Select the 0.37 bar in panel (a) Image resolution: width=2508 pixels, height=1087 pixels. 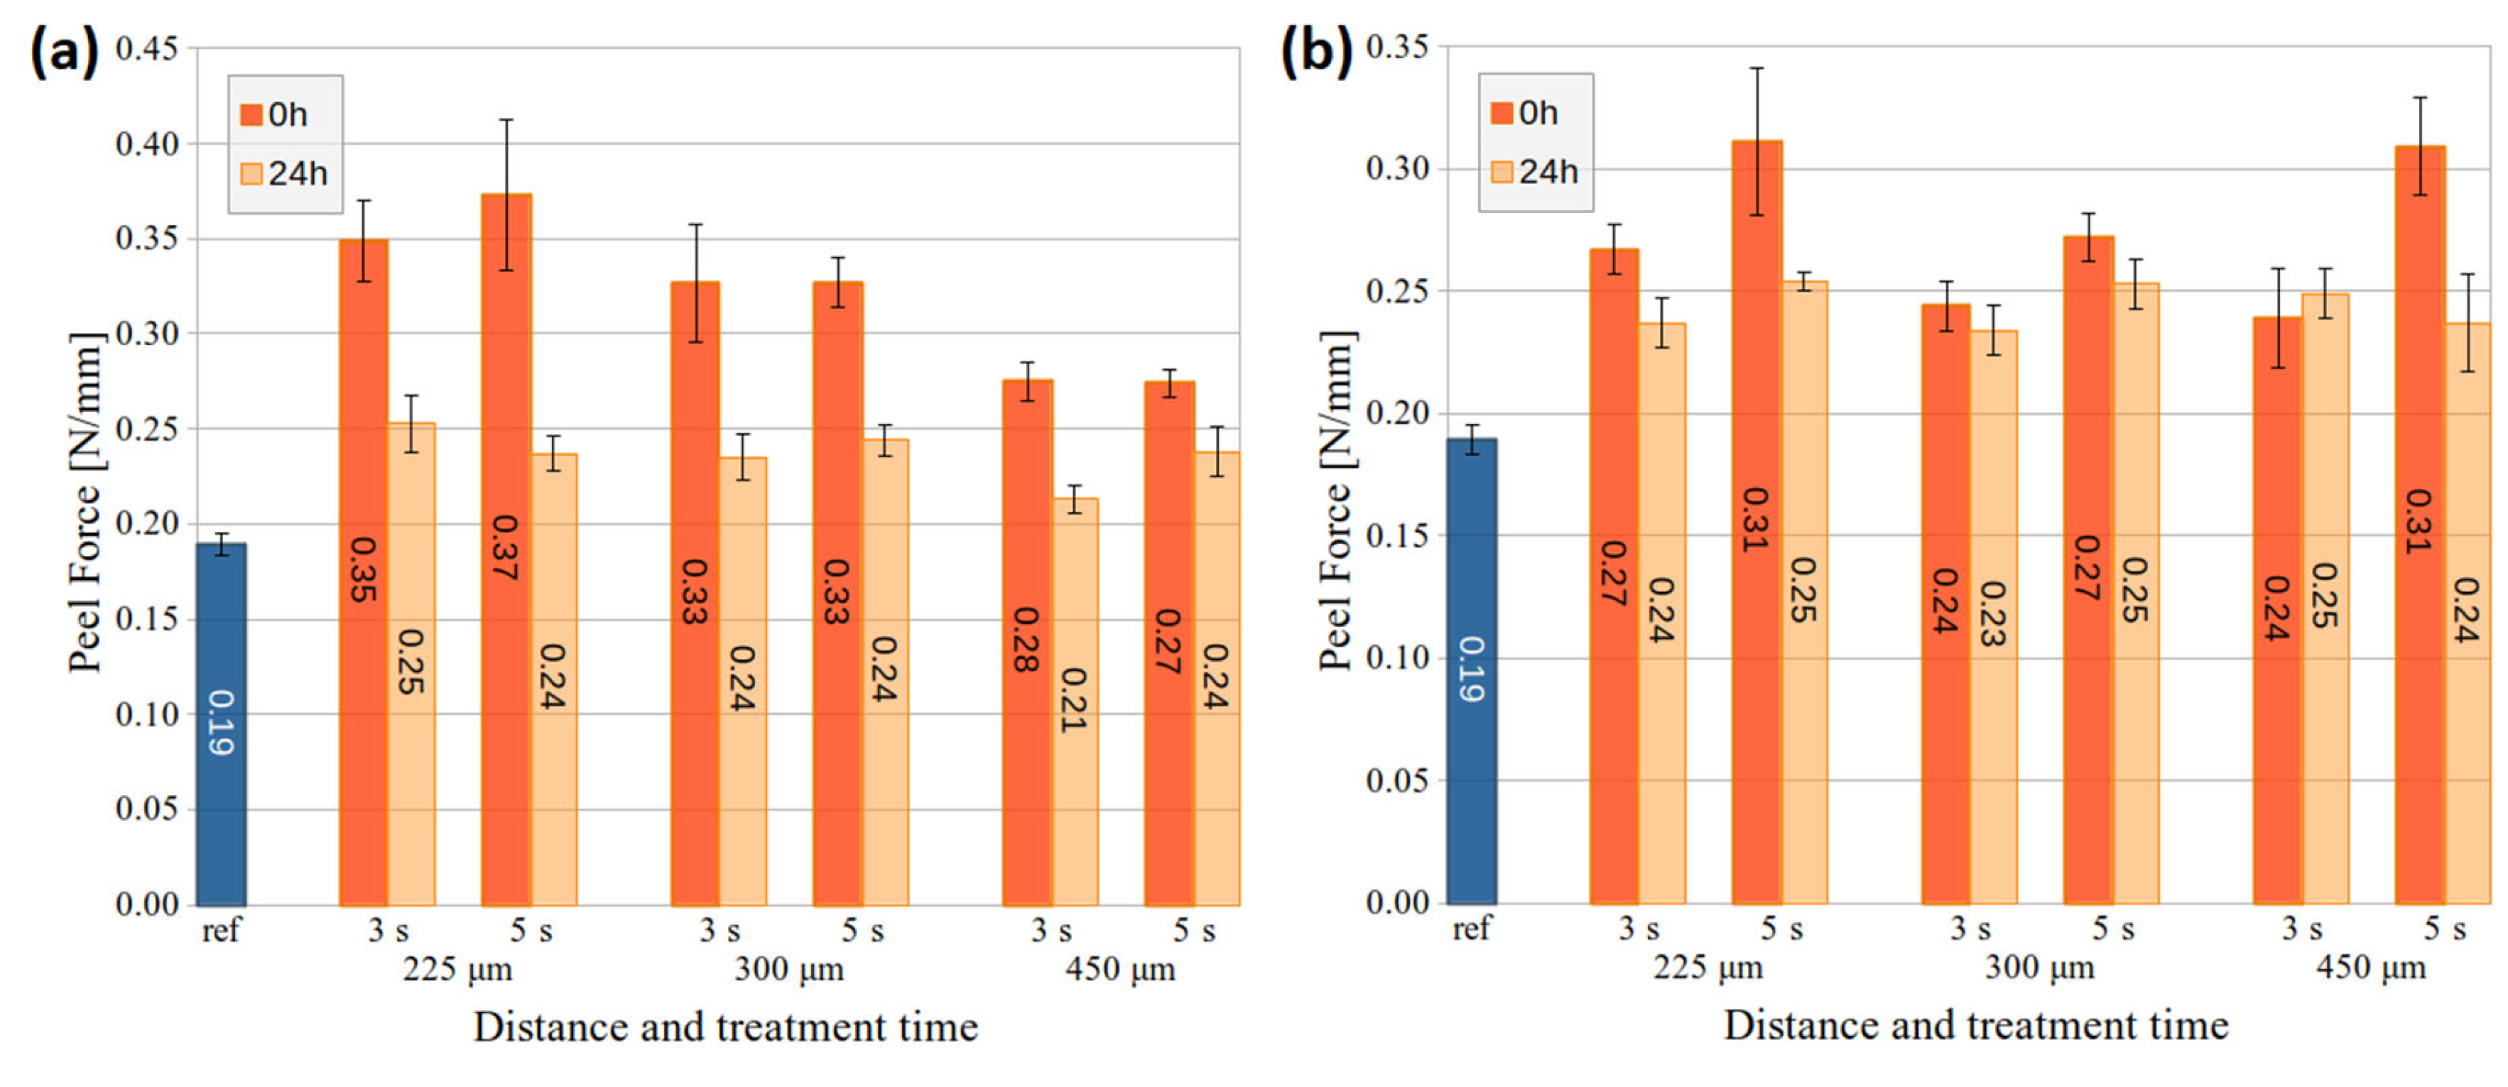point(506,550)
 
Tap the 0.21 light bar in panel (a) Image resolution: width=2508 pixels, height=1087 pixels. point(1075,701)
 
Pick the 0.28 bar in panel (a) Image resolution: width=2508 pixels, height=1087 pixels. point(1027,643)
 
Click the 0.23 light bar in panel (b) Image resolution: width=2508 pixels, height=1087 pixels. point(1993,617)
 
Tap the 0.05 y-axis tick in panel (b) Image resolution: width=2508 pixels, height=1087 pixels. point(1397,780)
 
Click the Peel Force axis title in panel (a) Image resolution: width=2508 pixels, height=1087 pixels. point(86,502)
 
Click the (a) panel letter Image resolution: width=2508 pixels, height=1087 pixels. point(64,50)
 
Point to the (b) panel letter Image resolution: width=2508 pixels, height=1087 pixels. point(1315,49)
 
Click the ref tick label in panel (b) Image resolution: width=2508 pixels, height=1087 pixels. point(1471,929)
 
